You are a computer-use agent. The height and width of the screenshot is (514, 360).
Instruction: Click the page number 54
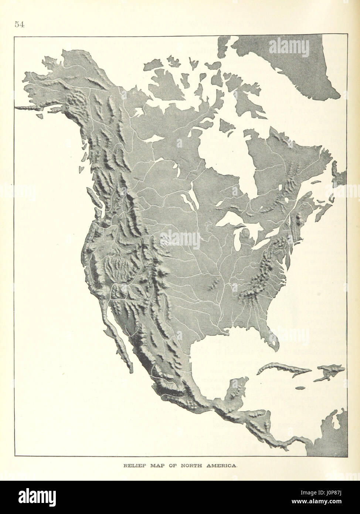click(x=19, y=24)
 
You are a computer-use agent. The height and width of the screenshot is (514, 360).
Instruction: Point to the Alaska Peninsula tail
click(x=30, y=107)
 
